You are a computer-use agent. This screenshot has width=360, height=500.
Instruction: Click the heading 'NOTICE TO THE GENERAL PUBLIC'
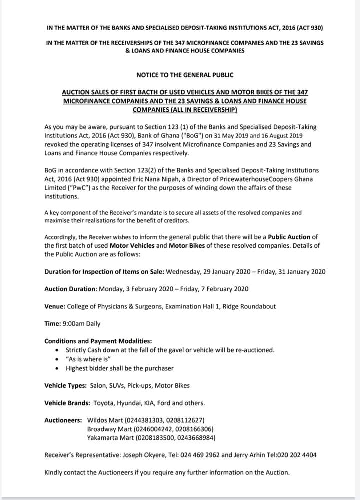(x=185, y=75)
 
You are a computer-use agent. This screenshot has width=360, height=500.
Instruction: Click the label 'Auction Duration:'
(x=71, y=289)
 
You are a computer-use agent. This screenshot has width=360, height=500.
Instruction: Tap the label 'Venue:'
(x=54, y=306)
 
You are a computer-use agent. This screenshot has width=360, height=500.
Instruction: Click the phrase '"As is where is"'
(x=88, y=359)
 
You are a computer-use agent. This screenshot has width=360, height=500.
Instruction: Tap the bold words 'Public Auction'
(x=290, y=237)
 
